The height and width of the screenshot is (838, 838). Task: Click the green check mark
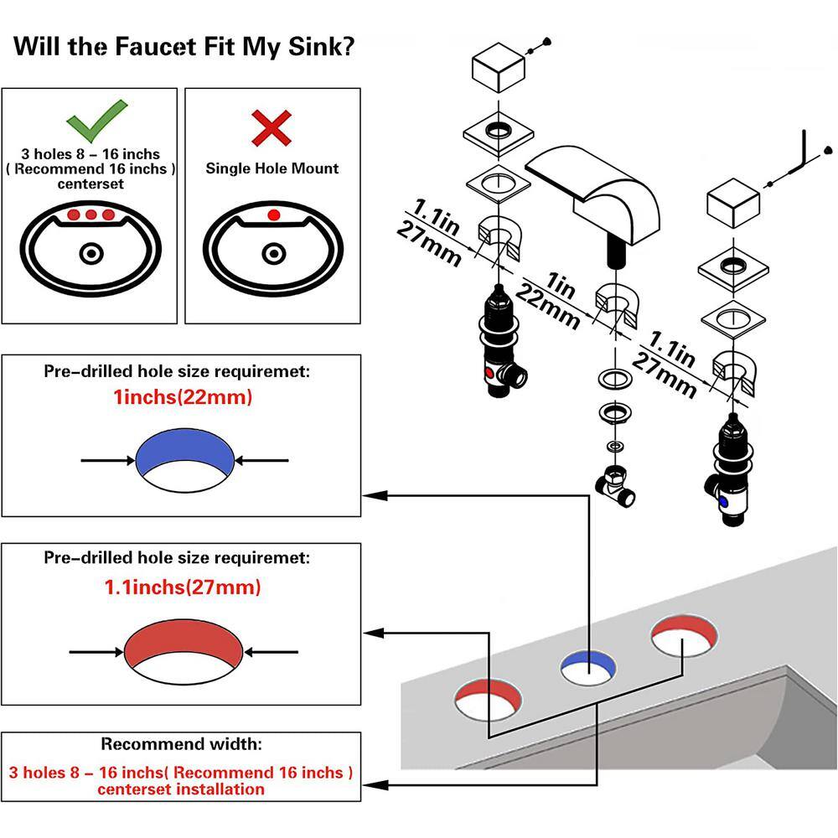click(x=97, y=120)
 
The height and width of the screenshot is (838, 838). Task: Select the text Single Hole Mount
click(x=272, y=168)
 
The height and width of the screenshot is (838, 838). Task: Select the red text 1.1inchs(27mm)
click(x=183, y=587)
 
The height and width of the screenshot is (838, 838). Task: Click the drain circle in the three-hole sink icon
click(x=90, y=252)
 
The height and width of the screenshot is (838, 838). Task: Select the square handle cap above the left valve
click(x=498, y=70)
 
